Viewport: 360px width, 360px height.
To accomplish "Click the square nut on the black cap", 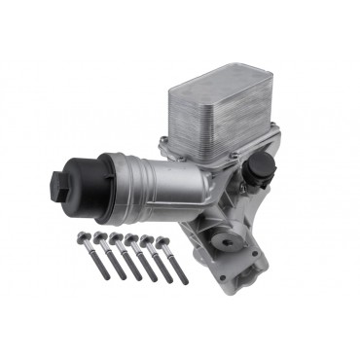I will pos(55,181).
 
